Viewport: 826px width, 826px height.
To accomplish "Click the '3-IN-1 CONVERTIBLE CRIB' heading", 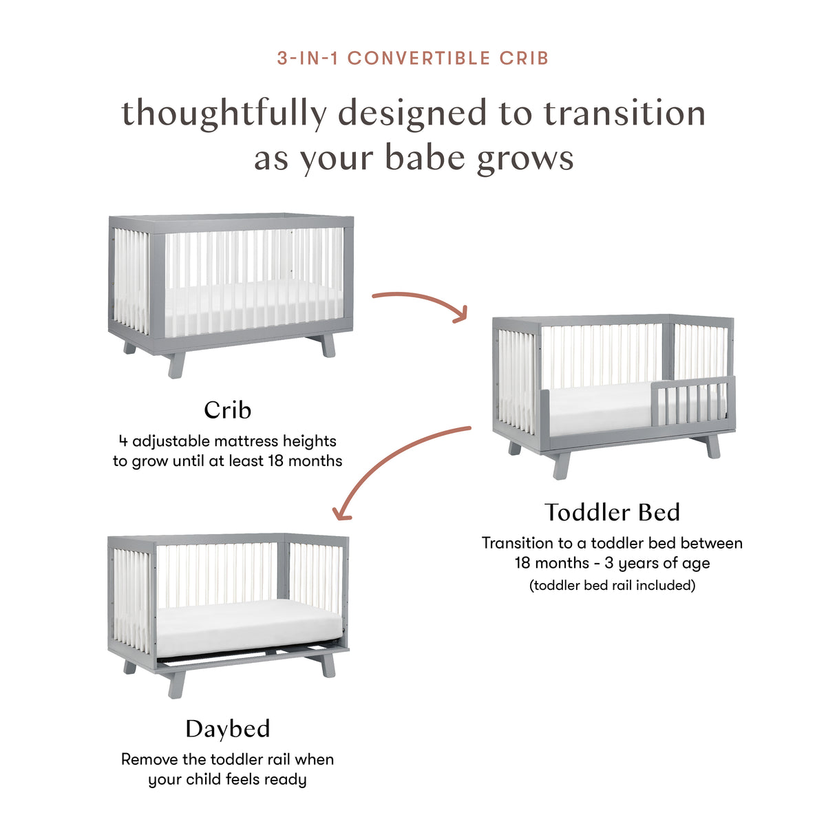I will pos(413,58).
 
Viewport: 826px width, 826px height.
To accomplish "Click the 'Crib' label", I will pos(228,410).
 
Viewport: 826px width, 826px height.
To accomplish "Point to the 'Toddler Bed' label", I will pos(612,512).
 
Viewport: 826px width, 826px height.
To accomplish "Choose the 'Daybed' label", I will pos(228,729).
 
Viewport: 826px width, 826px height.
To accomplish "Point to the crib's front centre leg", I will pos(176,364).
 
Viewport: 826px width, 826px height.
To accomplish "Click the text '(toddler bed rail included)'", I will pos(612,586).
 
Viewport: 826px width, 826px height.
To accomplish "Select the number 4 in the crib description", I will pos(123,441).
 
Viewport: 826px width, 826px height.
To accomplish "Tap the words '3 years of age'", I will pos(657,563).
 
